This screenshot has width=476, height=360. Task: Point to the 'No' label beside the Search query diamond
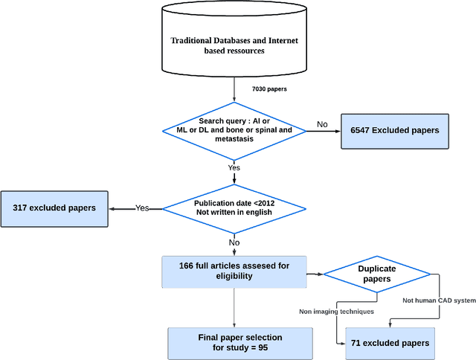321,125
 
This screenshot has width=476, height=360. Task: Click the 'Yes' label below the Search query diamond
234,168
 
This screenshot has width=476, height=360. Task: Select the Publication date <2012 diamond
234,208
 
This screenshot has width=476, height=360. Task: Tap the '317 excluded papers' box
54,208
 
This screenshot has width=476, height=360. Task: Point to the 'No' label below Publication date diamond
234,242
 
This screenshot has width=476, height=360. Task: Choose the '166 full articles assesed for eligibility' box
234,271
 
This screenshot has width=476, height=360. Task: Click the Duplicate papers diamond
377,273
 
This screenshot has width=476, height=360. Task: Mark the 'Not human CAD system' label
439,300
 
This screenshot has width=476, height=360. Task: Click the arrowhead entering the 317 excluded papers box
113,208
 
